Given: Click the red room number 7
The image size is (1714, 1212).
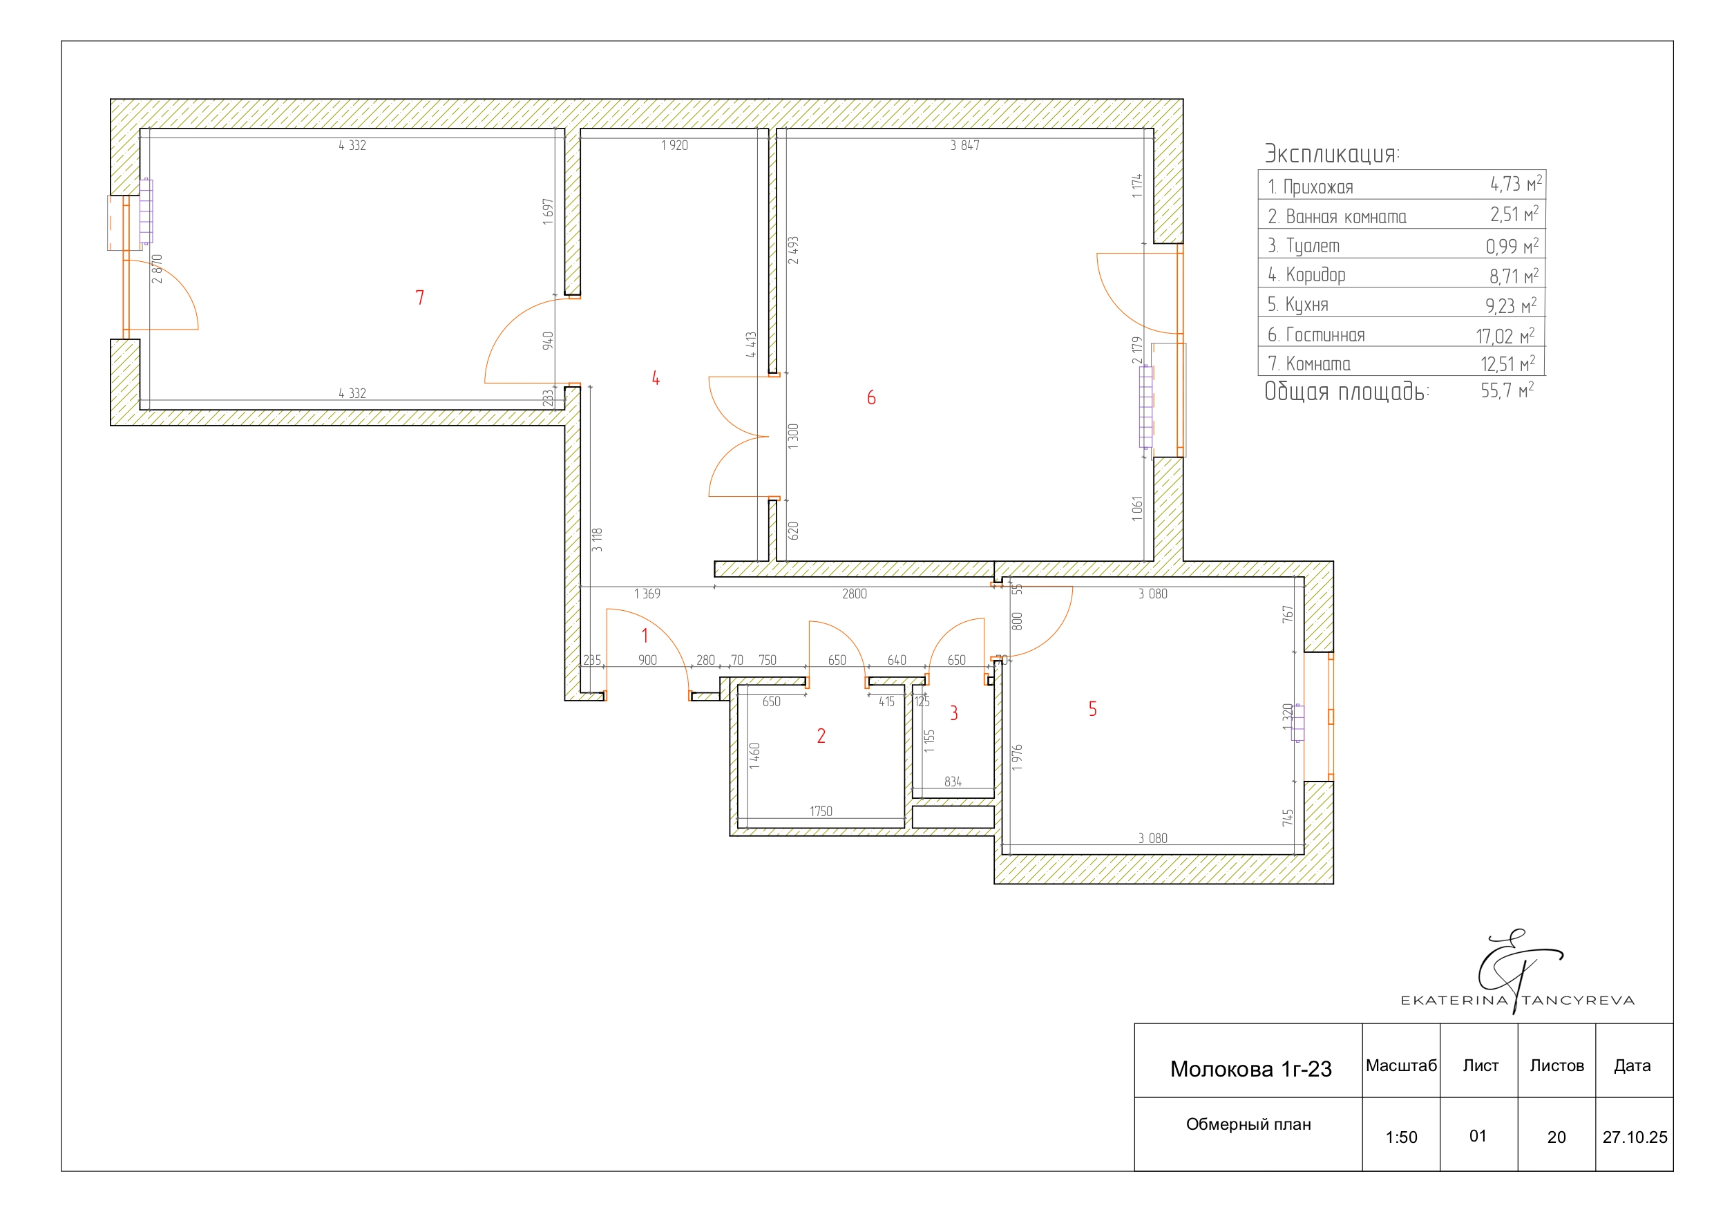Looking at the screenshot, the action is pos(419,297).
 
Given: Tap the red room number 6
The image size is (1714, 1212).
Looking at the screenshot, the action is pos(871,397).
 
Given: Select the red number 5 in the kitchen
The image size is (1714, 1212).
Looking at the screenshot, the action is pos(1092,709).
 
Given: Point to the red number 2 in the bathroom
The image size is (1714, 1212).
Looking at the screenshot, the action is pos(821,736).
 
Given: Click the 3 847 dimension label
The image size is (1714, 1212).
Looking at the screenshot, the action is pos(964,146).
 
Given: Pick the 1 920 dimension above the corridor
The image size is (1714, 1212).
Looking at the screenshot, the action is pos(674,146).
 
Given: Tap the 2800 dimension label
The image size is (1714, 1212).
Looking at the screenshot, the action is pos(854,594).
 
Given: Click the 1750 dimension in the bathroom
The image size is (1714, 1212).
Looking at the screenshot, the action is pos(821,811).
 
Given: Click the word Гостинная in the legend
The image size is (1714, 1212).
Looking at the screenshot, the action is pos(1325,335).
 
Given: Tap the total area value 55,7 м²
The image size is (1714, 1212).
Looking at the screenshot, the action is pos(1507,390).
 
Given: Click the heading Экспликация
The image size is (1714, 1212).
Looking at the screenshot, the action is pos(1332,154).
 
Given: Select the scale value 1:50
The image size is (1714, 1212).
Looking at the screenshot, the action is pos(1401,1137).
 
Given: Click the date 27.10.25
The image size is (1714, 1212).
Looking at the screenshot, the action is pos(1635,1137).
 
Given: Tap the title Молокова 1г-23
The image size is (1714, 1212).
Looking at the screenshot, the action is pos(1251,1070).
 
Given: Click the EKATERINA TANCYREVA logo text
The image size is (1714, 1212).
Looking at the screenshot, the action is pos(1518,1000).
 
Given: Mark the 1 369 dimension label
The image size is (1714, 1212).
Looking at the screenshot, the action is pos(647,594).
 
